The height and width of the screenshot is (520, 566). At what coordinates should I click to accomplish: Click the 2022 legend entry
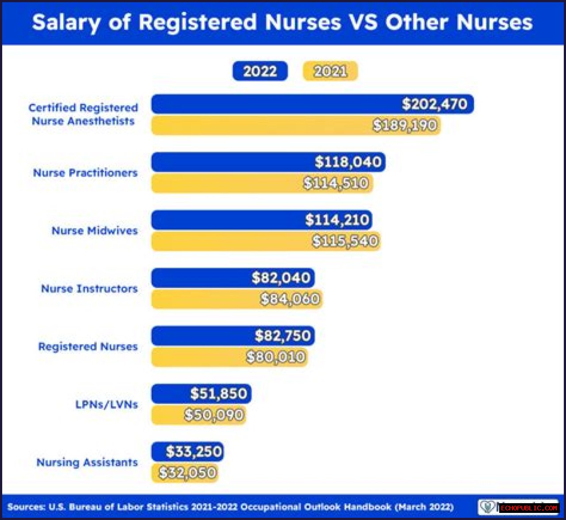click(x=260, y=71)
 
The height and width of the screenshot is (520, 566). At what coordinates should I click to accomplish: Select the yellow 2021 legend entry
click(x=330, y=71)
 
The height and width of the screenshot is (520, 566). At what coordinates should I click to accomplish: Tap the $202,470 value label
click(x=434, y=104)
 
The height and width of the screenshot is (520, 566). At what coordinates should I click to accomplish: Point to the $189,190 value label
click(x=405, y=125)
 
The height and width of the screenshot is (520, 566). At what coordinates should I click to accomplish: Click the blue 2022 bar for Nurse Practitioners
click(x=230, y=162)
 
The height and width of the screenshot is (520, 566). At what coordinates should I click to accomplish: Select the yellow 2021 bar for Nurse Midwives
click(x=230, y=241)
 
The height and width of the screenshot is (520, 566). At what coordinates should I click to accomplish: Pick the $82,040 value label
click(x=281, y=278)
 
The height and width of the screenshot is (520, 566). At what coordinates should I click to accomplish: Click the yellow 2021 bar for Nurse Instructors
click(x=203, y=299)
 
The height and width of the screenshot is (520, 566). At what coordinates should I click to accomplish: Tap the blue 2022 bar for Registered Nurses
click(x=199, y=336)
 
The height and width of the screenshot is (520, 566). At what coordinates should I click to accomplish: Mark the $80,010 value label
click(x=276, y=357)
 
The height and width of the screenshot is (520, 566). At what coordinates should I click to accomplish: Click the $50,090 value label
click(x=214, y=415)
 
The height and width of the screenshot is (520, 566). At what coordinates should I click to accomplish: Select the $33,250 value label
click(x=194, y=452)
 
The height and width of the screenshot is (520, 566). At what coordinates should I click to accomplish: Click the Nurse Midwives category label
click(x=95, y=231)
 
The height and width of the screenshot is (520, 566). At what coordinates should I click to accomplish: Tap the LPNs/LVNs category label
click(x=107, y=404)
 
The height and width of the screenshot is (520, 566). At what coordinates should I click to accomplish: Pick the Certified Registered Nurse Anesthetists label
click(x=83, y=114)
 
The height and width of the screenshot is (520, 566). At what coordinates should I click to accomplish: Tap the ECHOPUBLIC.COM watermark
click(x=529, y=508)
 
